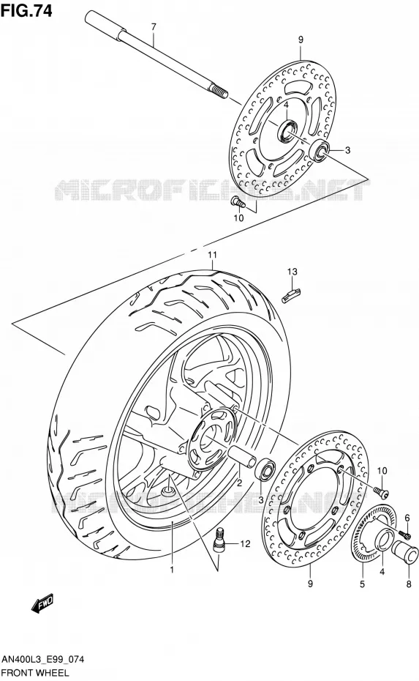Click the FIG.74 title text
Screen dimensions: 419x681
26,10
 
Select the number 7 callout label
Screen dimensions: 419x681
153,27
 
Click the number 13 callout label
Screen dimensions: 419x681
292,272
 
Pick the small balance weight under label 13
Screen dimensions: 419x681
292,296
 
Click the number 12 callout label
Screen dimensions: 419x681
245,543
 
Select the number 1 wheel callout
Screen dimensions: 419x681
172,569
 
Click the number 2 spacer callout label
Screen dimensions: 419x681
239,482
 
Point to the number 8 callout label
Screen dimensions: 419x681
409,584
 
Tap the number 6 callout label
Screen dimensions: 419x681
407,517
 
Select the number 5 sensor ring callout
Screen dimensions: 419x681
362,584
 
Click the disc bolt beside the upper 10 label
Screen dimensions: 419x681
238,202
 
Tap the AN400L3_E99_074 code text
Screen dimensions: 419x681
42,660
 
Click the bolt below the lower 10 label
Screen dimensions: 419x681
381,491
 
